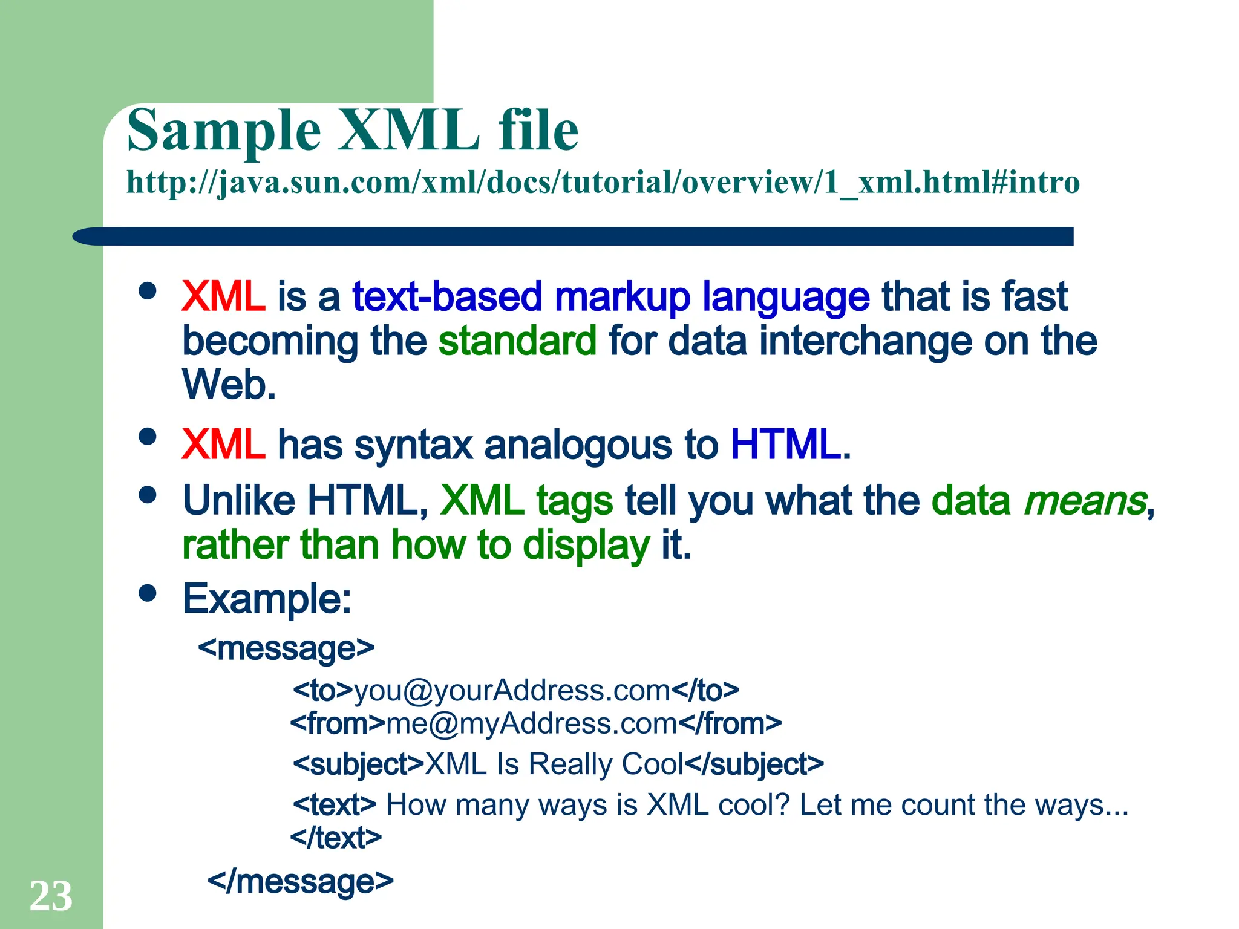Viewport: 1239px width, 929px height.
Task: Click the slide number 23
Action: [51, 896]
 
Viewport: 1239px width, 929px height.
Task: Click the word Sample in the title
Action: [224, 131]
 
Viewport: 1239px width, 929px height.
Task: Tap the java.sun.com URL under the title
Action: [603, 182]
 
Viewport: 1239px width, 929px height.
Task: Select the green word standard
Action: [517, 341]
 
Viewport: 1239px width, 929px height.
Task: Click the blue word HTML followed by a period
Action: [789, 445]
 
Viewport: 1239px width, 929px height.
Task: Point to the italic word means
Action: [1085, 501]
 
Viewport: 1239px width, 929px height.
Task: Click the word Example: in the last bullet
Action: [267, 599]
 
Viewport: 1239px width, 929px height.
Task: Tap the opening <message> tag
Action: [286, 648]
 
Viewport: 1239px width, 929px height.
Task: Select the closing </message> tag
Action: [300, 881]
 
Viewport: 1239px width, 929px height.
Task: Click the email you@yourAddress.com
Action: [512, 690]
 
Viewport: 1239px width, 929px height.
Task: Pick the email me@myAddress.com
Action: [531, 723]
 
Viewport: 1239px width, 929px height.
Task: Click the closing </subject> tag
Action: [754, 764]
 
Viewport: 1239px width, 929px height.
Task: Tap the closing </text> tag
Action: [336, 838]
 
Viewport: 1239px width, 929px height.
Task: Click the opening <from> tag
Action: [338, 723]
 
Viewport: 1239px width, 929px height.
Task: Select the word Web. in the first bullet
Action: [229, 385]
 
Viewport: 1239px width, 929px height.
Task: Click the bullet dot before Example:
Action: [147, 593]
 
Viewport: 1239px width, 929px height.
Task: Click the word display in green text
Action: [586, 545]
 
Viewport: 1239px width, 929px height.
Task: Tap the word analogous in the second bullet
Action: [578, 445]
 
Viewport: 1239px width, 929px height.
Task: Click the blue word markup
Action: [622, 297]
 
